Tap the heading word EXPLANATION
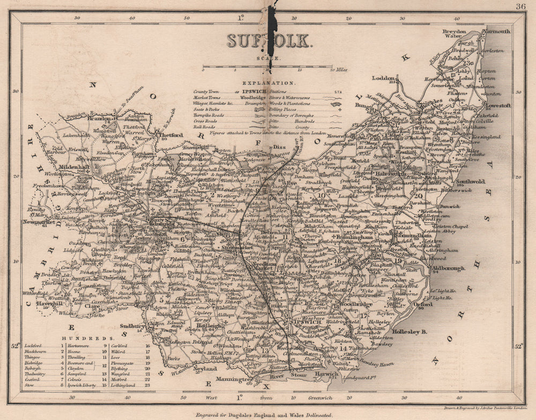(269, 83)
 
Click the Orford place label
(423, 304)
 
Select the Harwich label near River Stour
(319, 373)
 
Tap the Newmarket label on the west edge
(39, 221)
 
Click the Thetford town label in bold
(170, 135)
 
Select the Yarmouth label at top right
(497, 32)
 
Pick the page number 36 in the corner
(520, 6)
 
